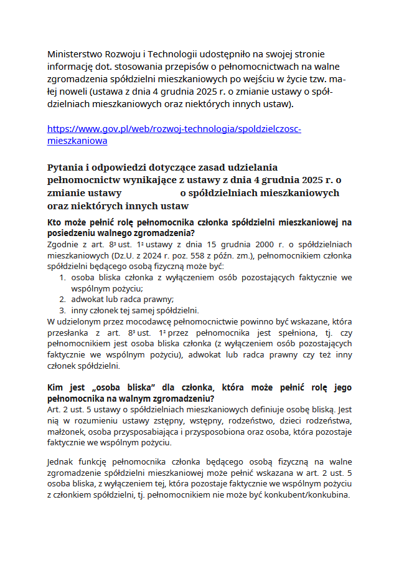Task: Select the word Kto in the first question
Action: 55,222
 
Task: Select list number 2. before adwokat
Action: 63,299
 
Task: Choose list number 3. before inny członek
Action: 63,310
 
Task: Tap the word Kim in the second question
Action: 56,387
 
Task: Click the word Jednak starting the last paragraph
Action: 62,461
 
